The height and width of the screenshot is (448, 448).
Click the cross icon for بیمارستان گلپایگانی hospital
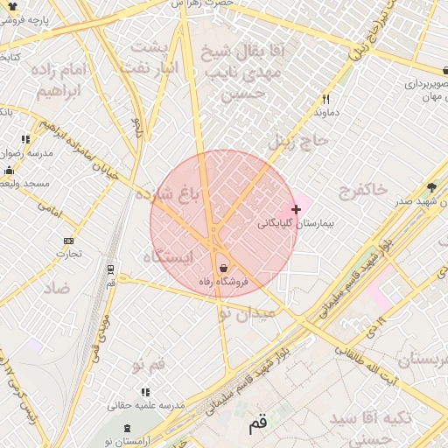coord(297,209)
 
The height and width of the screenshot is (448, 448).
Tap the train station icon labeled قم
coord(110,269)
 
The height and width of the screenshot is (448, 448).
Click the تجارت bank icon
coord(69,241)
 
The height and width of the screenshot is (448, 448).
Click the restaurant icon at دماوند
coord(326,100)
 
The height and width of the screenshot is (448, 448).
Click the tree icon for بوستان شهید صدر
coord(431,187)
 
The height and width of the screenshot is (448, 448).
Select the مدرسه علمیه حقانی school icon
coord(145,392)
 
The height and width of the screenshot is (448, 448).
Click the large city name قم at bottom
coord(257,424)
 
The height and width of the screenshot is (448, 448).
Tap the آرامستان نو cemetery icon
coord(129,427)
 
